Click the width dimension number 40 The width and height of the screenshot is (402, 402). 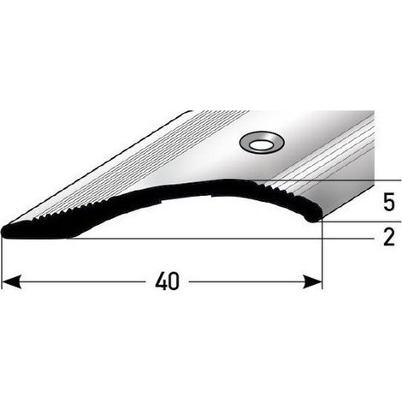[x=167, y=281]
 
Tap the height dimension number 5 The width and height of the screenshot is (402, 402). [x=389, y=202]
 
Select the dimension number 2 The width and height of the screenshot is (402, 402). [x=389, y=237]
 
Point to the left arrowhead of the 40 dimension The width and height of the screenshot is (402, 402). [x=11, y=281]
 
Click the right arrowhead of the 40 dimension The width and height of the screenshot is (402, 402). [x=312, y=281]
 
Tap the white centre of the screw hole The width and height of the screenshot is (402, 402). [x=260, y=145]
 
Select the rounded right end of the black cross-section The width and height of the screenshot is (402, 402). [x=314, y=217]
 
